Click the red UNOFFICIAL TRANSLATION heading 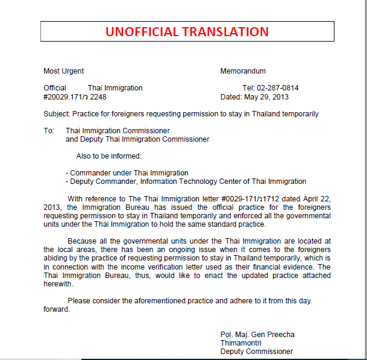click(187, 32)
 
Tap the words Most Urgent click(64, 71)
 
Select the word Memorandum click(243, 71)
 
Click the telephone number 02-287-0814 click(278, 88)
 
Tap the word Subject click(57, 114)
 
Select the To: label click(49, 131)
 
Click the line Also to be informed click(109, 156)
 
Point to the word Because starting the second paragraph click(83, 241)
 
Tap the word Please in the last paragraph click(80, 300)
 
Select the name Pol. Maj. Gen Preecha click(257, 335)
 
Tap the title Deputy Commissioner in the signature click(257, 352)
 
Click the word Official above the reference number click(55, 88)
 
